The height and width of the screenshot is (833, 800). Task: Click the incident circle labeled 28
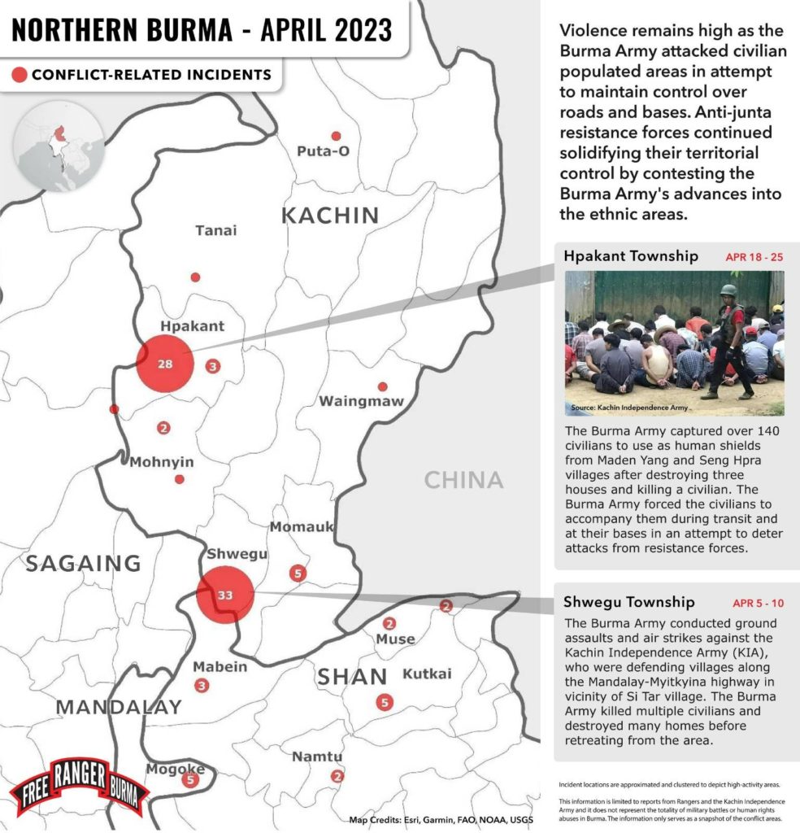[x=165, y=364]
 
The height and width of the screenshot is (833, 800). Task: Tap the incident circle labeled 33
[x=225, y=595]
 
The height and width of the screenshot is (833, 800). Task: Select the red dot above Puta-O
[x=336, y=136]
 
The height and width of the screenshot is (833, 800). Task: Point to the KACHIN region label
[x=330, y=216]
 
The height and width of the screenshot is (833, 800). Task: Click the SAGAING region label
[x=83, y=563]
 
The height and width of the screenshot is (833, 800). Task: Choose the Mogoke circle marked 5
[x=191, y=780]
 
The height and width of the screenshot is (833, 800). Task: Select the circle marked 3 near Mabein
[x=202, y=686]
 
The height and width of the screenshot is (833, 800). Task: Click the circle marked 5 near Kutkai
[x=385, y=702]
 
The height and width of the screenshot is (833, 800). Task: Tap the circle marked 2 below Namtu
[x=337, y=776]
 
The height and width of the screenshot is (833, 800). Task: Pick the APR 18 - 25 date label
[x=754, y=257]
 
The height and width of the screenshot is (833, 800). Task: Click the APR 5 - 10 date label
[x=758, y=604]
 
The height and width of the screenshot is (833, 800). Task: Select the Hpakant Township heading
[x=630, y=256]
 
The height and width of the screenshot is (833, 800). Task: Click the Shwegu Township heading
[x=628, y=603]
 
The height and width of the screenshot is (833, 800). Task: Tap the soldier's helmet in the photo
[x=728, y=290]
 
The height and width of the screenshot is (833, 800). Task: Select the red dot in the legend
[x=19, y=75]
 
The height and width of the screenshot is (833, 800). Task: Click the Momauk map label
[x=302, y=527]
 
